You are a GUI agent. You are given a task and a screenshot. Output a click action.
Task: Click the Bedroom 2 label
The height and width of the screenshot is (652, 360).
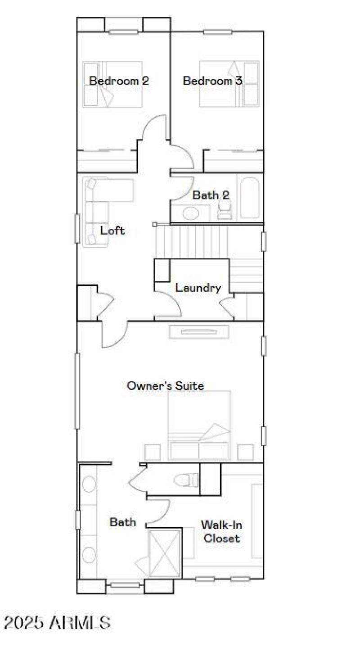tap(119, 81)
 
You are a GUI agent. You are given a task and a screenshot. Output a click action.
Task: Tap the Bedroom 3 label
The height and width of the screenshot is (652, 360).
tap(212, 81)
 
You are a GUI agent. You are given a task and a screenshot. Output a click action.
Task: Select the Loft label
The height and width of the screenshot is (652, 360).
tap(112, 231)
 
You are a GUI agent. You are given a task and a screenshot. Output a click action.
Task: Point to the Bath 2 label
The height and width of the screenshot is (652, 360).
tap(211, 195)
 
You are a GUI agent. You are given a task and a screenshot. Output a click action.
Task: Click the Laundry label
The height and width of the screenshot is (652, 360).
tap(198, 288)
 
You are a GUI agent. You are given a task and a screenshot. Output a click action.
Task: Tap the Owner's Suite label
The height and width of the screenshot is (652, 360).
tap(165, 386)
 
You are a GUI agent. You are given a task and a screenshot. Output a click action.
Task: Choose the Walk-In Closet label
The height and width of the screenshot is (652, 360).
tap(220, 531)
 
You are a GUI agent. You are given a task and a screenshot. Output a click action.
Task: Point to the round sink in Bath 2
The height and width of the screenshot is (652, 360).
tap(191, 213)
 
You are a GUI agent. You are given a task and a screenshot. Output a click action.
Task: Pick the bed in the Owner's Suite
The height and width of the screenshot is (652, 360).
tap(199, 426)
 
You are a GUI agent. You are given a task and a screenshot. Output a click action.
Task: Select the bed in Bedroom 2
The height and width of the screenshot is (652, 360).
tap(107, 84)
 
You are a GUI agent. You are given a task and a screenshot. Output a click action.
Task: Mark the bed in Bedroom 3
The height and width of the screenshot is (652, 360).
tap(229, 84)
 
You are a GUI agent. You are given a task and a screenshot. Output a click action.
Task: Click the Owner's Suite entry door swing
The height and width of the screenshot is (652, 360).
tap(115, 335)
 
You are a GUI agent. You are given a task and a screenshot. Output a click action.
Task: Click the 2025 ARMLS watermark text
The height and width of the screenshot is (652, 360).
tap(57, 623)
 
